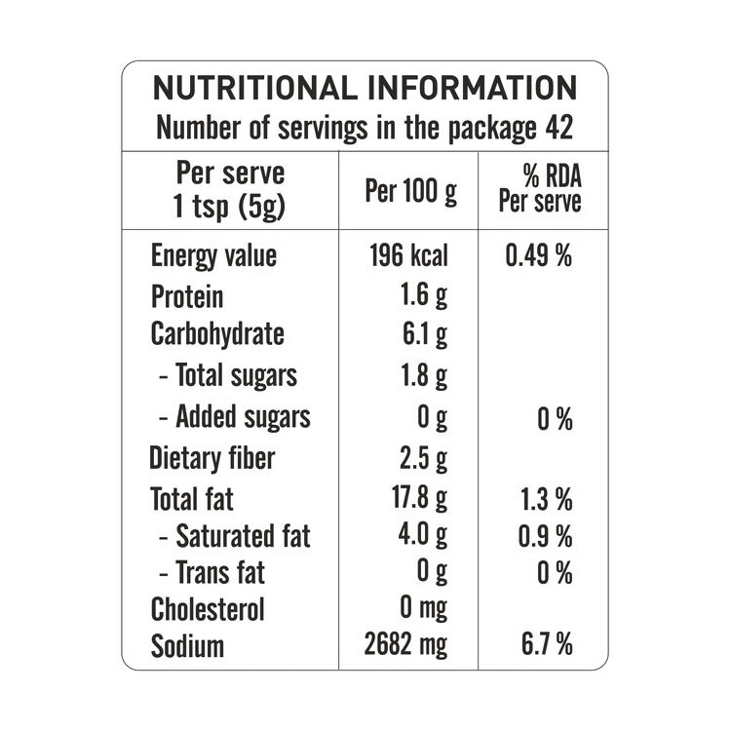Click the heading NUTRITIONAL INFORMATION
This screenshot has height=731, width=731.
coord(365,88)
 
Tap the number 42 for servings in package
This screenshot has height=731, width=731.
coord(558,127)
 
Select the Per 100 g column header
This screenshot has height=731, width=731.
coord(409,191)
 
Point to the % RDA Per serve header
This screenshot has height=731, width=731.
coord(539,189)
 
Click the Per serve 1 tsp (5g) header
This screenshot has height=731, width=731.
coord(230,190)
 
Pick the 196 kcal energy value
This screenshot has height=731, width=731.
coord(408,256)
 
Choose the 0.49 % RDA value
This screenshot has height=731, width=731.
coord(539,256)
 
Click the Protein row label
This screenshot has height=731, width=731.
coord(187,296)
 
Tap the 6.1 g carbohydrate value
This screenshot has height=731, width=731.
coord(425,335)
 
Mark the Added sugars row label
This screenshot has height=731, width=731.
coord(234,417)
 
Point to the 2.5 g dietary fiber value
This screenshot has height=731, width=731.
coord(424,458)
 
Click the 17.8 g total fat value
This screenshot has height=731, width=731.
coord(419,499)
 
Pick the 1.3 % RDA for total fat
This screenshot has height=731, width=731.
coord(546,500)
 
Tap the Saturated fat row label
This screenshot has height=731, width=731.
coord(234,536)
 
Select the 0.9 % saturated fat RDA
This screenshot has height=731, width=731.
coord(546,537)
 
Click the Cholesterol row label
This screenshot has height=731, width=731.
coord(208,609)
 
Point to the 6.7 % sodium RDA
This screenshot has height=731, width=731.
coord(546,645)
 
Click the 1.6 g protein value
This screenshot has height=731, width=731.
coord(425,296)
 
